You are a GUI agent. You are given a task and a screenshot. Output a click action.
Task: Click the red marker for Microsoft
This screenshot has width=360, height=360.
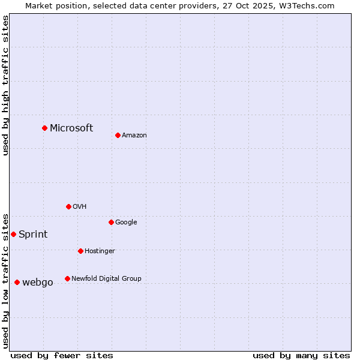point(44,128)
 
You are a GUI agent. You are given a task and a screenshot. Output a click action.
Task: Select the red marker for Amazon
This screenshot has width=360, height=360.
point(118,135)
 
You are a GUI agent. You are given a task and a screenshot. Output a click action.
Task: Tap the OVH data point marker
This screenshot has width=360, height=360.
point(68,206)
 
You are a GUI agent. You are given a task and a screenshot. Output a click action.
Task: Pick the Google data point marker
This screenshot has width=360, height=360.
point(111,222)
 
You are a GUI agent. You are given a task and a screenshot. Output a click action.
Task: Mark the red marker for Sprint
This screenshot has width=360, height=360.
point(13,234)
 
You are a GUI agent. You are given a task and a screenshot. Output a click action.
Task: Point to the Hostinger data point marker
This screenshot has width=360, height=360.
point(80,251)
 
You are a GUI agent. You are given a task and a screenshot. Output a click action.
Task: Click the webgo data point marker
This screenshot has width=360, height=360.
point(17,282)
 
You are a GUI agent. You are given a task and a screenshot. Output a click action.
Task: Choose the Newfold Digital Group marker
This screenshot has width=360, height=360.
point(67,278)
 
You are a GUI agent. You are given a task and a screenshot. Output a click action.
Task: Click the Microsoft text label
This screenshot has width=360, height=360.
point(71,128)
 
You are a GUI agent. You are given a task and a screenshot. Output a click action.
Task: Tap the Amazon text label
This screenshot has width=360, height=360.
point(134,135)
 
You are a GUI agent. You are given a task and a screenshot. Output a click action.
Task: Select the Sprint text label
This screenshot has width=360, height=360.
point(33,234)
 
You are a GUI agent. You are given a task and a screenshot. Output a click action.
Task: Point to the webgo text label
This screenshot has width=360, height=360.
point(38,282)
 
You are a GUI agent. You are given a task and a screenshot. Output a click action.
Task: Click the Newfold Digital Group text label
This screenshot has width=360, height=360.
point(106,278)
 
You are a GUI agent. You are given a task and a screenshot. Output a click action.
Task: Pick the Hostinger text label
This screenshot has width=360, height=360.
point(100,251)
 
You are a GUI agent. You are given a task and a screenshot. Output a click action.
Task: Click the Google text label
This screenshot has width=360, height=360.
point(126,222)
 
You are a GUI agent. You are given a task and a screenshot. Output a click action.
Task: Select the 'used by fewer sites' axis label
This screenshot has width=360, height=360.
point(62,355)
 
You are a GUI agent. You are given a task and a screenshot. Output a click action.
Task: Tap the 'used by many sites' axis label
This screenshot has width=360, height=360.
point(301,355)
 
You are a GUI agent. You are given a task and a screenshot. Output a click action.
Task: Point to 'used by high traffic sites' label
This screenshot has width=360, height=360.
point(5,85)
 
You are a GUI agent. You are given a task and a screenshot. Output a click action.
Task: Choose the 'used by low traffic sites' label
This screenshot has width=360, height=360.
point(5,280)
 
